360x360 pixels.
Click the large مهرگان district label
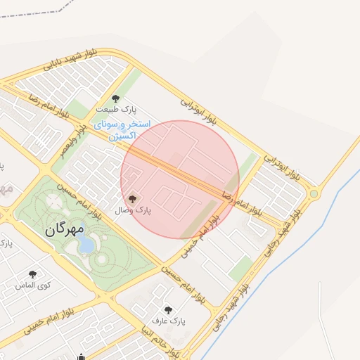[65, 229]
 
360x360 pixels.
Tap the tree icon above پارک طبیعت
[116, 98]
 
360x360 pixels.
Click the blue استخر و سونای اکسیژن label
[122, 129]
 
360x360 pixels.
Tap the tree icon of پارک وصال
[132, 199]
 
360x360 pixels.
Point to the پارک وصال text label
[133, 210]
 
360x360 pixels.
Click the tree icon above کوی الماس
[32, 274]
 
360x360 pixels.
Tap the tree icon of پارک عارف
[168, 309]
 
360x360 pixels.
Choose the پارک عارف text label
[172, 321]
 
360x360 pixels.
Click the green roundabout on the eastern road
[314, 193]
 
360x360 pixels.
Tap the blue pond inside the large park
[87, 243]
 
